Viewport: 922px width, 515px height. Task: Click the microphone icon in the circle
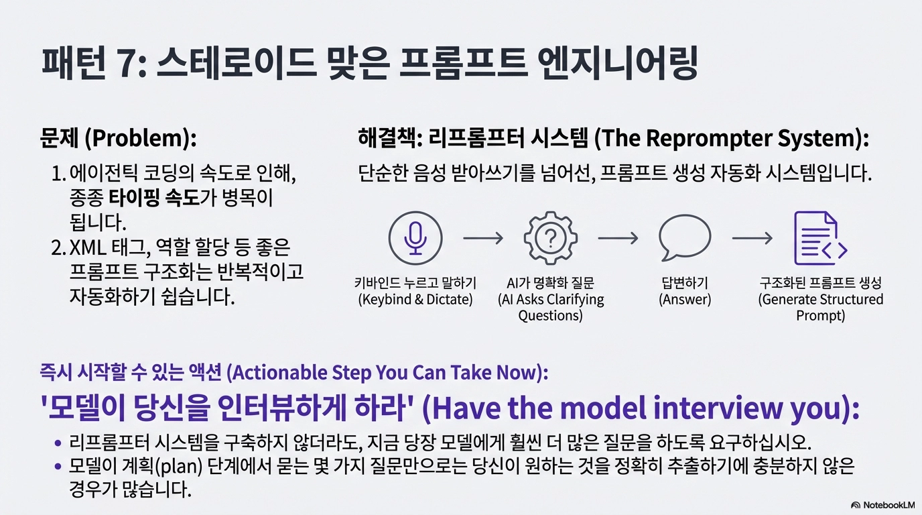(415, 238)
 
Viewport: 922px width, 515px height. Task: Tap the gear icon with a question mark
(550, 238)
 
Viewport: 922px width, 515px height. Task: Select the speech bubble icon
(685, 237)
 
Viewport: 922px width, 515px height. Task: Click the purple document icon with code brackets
(820, 238)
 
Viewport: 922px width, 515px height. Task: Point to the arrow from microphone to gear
(483, 238)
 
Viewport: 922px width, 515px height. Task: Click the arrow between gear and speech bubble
(618, 238)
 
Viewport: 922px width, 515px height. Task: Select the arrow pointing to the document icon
(752, 238)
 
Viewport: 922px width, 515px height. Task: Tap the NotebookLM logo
(883, 505)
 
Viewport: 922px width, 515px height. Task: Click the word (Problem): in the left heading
(140, 138)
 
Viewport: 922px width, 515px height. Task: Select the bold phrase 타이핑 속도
(154, 198)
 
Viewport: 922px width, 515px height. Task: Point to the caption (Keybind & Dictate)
(415, 299)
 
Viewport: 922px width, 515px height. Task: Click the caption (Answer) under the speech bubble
(685, 299)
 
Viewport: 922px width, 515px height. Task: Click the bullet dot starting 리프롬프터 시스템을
(58, 443)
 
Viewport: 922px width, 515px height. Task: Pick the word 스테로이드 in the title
(237, 63)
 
